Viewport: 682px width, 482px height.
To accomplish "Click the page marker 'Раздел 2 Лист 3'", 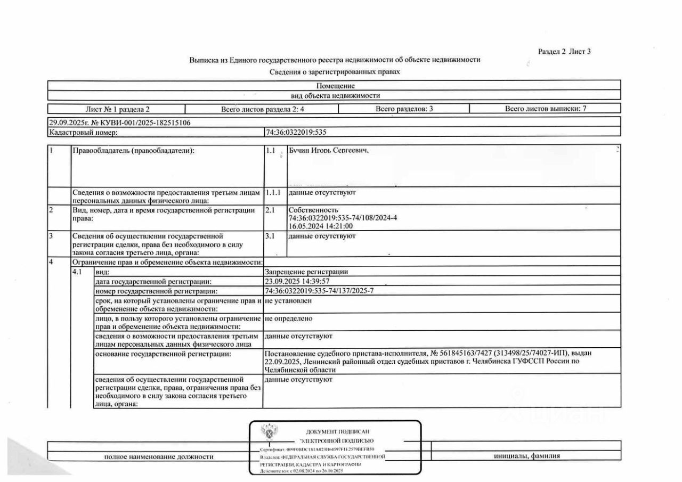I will click(x=564, y=52).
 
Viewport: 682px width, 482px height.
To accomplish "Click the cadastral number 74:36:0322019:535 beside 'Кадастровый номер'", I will click(x=295, y=132).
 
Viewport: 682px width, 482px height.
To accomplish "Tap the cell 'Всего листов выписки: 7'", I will click(x=545, y=109).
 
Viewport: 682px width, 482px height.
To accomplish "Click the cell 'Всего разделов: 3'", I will click(x=404, y=109).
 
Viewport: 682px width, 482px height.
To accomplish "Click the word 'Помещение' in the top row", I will click(x=335, y=86).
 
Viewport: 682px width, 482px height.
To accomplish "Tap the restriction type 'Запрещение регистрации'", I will click(x=306, y=272).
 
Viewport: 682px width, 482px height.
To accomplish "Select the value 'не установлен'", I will click(x=288, y=300).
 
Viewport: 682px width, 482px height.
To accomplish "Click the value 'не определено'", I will click(x=288, y=318).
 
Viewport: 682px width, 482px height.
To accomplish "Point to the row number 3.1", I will click(x=270, y=235).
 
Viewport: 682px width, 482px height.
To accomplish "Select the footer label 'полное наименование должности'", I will click(x=159, y=456).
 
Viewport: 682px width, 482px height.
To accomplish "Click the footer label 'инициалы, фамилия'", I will click(x=526, y=456).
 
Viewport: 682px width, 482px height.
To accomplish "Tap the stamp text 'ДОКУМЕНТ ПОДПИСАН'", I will click(x=337, y=432).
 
